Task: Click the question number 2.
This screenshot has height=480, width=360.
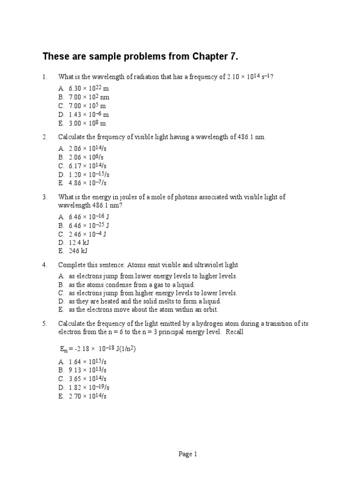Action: pos(45,137)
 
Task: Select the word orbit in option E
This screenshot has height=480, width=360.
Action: pos(210,310)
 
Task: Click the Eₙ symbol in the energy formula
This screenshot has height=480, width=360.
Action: pos(63,349)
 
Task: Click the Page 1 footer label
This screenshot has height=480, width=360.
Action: pos(188,454)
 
